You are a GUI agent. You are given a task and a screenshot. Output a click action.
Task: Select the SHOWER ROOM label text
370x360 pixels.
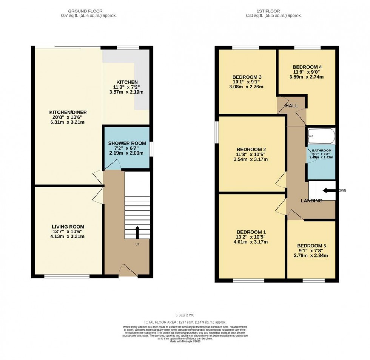click(126, 143)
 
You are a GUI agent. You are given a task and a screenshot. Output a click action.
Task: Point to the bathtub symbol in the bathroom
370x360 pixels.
click(321, 136)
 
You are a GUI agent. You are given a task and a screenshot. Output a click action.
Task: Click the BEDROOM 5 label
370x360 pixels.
click(311, 245)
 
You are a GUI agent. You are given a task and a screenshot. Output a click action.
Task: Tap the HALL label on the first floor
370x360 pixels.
click(292, 106)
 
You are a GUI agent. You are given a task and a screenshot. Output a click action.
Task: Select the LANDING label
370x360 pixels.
click(311, 201)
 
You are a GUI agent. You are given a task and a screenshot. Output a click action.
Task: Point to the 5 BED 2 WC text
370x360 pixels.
click(185, 314)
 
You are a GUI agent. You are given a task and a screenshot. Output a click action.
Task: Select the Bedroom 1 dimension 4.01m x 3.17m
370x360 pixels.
click(251, 242)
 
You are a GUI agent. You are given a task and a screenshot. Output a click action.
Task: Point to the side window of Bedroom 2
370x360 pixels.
click(216, 132)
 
